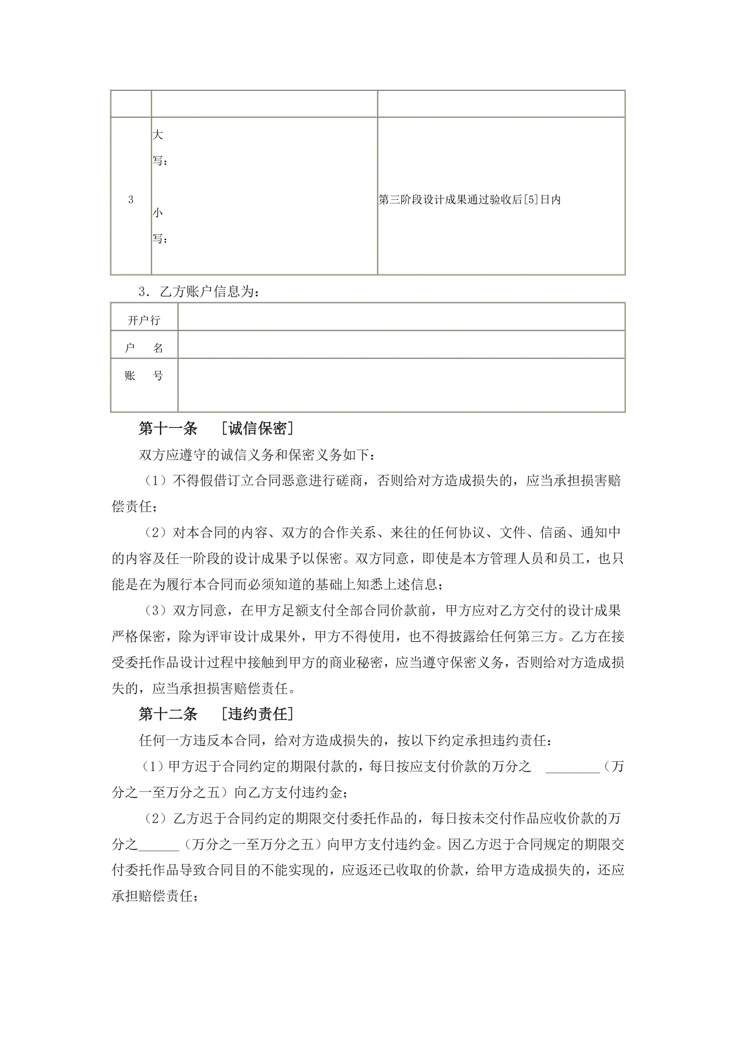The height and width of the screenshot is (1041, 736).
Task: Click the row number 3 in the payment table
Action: point(131,200)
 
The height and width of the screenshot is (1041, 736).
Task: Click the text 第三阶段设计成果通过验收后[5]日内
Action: point(470,200)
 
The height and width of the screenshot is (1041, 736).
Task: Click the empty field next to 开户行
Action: point(401,316)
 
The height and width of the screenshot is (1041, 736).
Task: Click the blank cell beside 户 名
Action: point(401,345)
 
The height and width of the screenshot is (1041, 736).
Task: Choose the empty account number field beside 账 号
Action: point(401,385)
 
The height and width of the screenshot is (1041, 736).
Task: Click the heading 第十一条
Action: point(168,428)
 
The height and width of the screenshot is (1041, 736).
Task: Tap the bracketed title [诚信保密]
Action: point(257,428)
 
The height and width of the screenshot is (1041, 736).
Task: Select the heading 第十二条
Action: point(168,714)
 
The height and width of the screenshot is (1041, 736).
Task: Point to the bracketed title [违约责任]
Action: point(257,714)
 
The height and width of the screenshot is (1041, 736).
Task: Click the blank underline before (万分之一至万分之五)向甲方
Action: point(159,845)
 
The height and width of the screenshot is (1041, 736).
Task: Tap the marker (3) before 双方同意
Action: point(155,611)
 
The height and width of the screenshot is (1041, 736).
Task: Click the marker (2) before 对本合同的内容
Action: point(155,533)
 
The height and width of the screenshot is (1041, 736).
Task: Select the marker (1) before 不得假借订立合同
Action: point(155,481)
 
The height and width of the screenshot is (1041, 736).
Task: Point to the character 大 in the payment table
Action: point(157,135)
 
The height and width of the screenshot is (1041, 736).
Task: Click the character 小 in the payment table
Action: point(157,212)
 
